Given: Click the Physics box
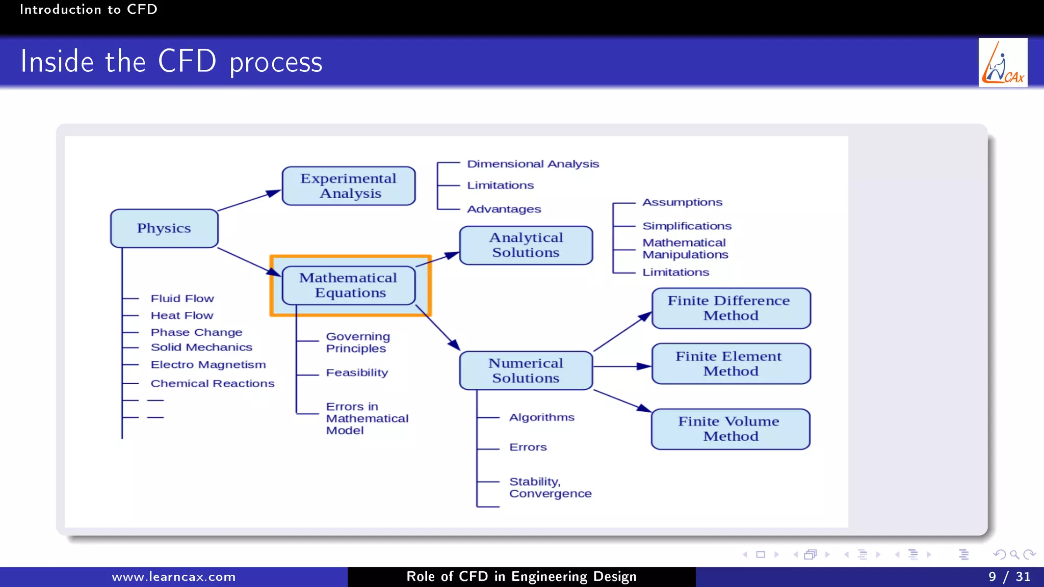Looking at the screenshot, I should [x=164, y=228].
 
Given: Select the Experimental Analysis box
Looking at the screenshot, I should [x=349, y=186].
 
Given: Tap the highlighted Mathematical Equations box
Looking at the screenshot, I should [x=349, y=285].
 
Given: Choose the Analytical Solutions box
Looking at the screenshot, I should [x=526, y=245].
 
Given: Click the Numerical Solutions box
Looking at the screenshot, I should [x=526, y=370].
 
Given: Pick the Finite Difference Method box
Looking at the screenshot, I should [x=731, y=308].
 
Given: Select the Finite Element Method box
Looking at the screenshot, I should [x=731, y=364].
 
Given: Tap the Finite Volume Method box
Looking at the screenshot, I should [x=730, y=429].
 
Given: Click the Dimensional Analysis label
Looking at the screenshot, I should [x=533, y=164].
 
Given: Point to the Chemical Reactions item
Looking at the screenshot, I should [x=212, y=383].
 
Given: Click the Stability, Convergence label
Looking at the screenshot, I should [x=550, y=488].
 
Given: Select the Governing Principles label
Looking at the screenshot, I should [x=358, y=342].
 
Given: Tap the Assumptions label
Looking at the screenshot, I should [x=682, y=202].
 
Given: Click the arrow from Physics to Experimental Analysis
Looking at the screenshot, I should [x=249, y=200].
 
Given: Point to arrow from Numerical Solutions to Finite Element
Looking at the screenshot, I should [x=622, y=366].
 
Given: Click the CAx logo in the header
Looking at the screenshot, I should [x=1003, y=63].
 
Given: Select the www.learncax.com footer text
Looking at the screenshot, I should [x=173, y=577].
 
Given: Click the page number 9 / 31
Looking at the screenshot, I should [x=1009, y=577].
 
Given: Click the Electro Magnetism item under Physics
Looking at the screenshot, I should [x=208, y=365].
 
